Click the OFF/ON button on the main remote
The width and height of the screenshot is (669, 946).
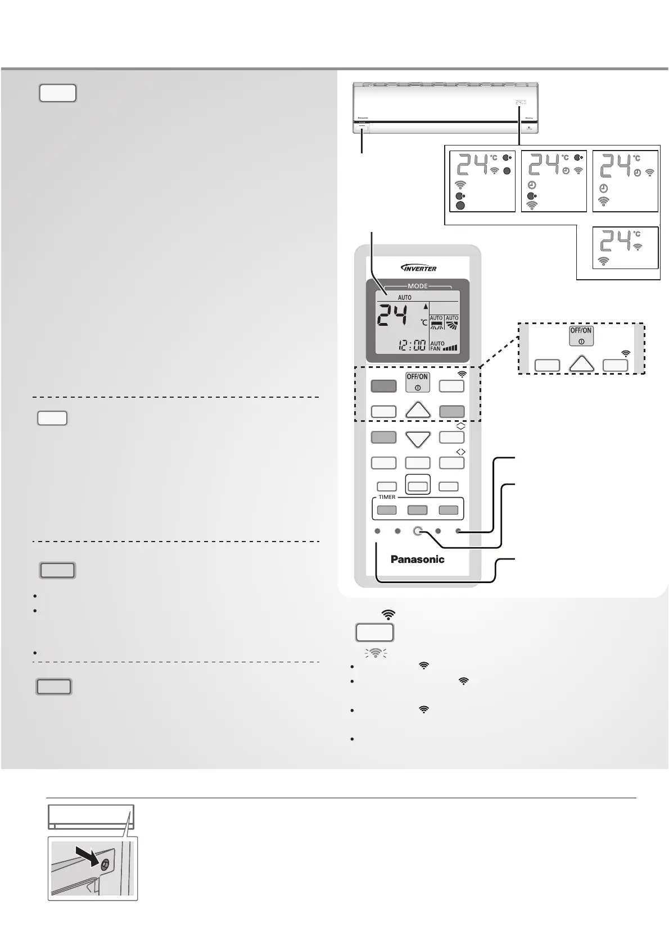click(418, 382)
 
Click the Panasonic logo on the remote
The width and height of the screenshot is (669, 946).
click(417, 559)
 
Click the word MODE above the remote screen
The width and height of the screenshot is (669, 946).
click(418, 286)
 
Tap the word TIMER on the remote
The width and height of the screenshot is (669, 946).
click(387, 497)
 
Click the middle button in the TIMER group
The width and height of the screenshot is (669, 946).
click(418, 510)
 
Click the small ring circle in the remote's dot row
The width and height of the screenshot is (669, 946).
click(418, 531)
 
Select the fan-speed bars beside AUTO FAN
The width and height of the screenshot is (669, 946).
click(450, 348)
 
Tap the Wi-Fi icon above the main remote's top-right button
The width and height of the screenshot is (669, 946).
click(462, 373)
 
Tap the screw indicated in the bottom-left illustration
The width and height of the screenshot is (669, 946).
click(104, 866)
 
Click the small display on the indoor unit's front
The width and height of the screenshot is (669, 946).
click(521, 103)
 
